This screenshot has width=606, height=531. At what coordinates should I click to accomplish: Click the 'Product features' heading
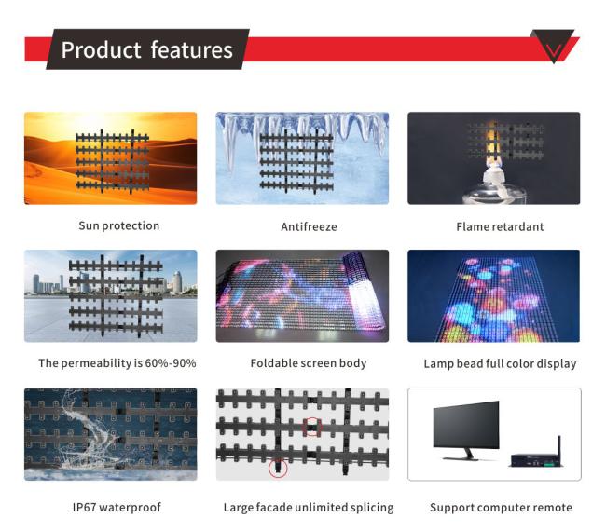point(147,49)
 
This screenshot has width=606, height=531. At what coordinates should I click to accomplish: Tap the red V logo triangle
point(554,46)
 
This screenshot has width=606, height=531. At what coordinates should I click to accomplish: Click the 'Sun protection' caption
point(119,226)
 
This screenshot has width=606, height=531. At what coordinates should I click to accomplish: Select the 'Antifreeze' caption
point(309,226)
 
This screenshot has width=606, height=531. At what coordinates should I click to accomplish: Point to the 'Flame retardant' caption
point(500,226)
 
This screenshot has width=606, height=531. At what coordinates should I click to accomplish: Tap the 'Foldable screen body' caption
point(309,363)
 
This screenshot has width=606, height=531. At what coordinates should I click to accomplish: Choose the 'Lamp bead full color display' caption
point(500,364)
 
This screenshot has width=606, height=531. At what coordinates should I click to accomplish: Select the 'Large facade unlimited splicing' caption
point(309,508)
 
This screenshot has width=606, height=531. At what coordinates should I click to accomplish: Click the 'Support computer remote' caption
point(501,508)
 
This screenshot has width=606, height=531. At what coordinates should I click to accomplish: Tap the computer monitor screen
point(466,424)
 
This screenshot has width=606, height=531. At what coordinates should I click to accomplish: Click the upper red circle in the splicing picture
point(312,427)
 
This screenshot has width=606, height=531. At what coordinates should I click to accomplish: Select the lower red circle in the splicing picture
point(278,468)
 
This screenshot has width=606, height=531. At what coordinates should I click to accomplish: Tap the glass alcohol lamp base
point(494,194)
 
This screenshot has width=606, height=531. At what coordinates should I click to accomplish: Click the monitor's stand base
point(462,458)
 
